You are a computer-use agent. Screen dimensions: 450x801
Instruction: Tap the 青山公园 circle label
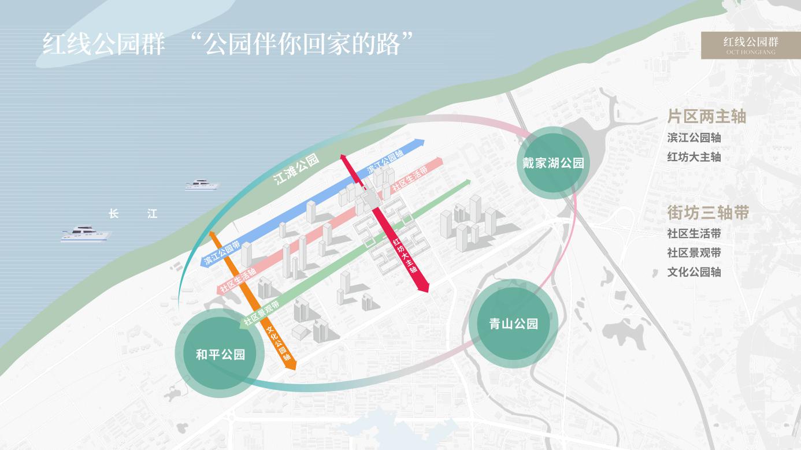pos(513,324)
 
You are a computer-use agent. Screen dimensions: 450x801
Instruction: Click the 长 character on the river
pos(113,214)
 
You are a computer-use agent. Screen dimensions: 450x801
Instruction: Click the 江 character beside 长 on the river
pos(152,214)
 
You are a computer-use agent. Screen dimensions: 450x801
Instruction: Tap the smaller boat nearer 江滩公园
pos(202,185)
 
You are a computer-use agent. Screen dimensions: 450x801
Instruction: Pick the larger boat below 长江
pos(86,233)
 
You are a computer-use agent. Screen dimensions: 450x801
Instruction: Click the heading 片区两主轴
pos(706,117)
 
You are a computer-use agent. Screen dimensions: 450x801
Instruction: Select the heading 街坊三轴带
pos(708,213)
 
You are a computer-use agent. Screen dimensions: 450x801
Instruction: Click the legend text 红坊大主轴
pos(694,157)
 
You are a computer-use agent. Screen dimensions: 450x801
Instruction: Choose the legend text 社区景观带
pos(694,253)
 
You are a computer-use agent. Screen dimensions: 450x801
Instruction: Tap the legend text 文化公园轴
pos(694,272)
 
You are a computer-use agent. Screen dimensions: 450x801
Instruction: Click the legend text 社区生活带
pos(694,234)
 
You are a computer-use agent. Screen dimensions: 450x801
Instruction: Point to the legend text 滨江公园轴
pos(694,138)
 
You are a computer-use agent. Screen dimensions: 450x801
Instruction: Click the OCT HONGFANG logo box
pos(751,45)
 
